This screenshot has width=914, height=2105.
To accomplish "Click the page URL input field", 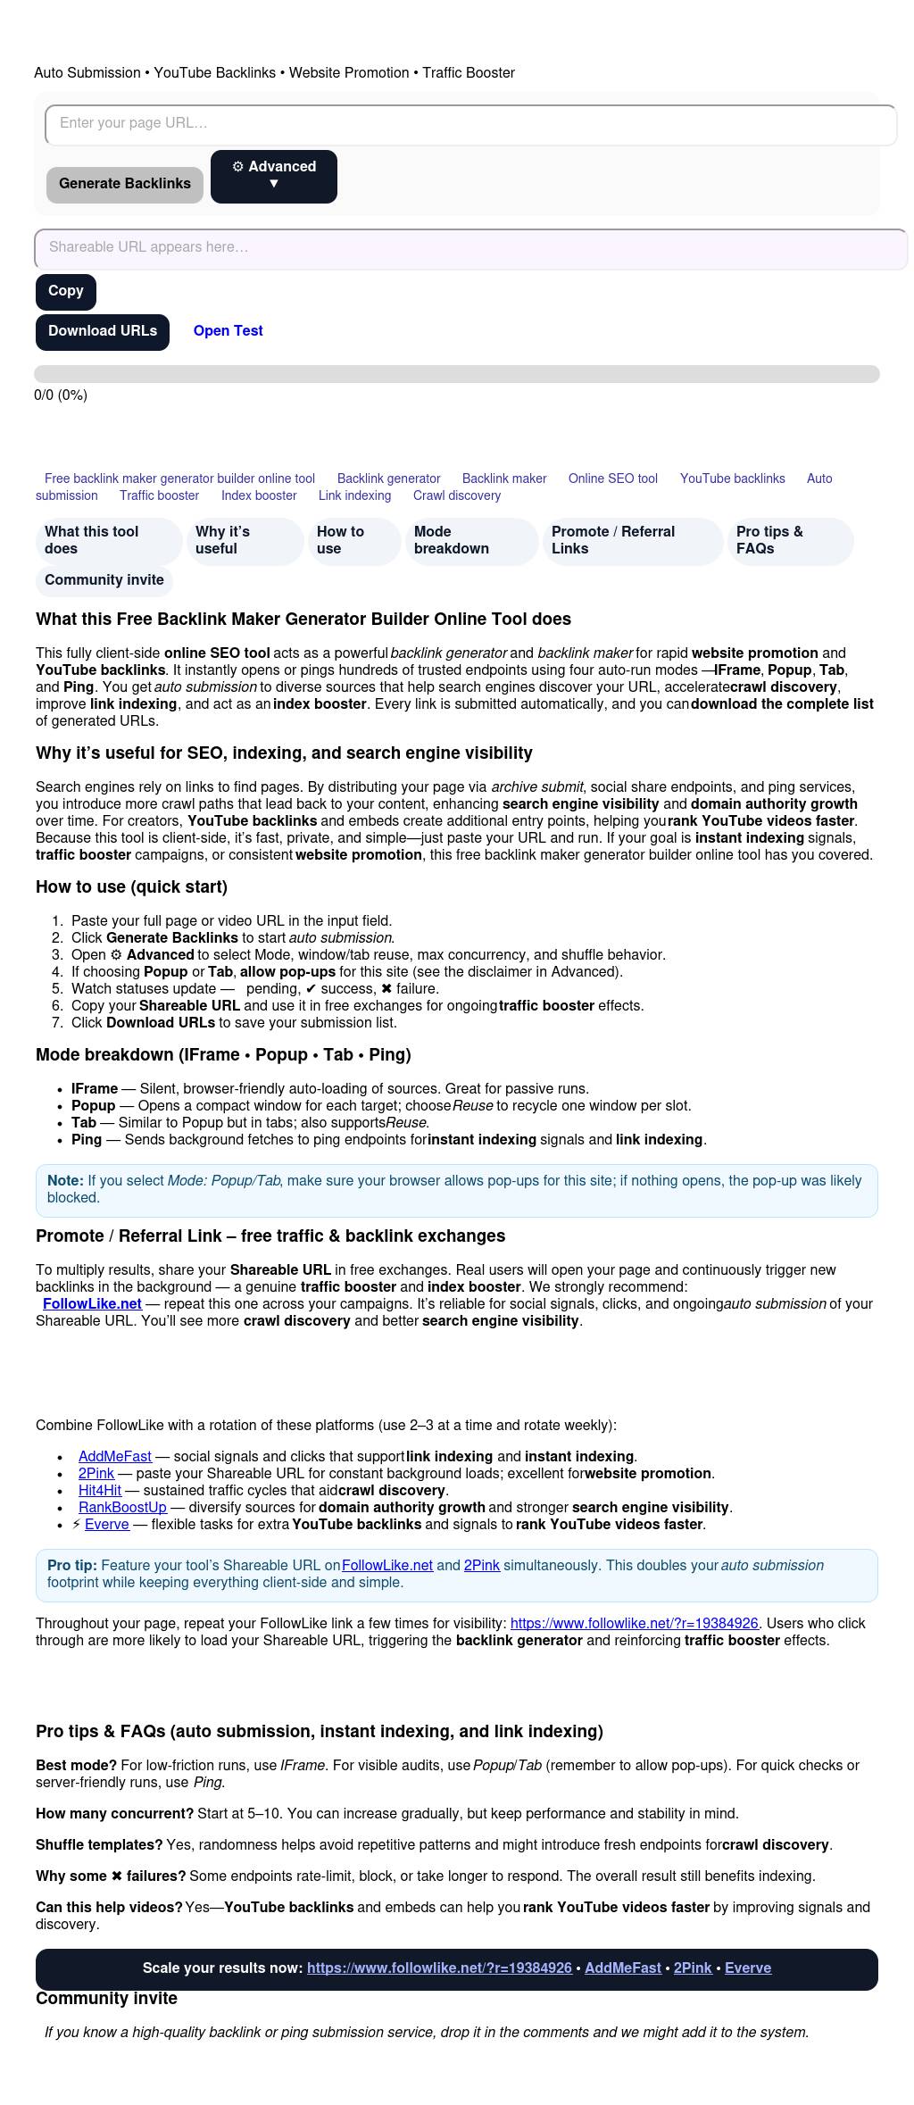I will point(470,124).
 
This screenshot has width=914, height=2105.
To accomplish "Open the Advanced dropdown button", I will point(274,176).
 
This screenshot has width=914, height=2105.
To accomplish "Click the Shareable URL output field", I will point(470,248).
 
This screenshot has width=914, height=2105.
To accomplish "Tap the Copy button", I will point(66,292).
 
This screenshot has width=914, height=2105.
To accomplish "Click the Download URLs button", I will point(103,331).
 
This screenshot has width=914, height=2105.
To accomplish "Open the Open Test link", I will point(228,331).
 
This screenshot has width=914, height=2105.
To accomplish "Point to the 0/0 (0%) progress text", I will point(61,395).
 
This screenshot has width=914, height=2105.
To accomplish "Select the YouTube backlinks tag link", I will point(732,478).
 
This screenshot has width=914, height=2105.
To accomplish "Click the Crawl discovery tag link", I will point(456,495).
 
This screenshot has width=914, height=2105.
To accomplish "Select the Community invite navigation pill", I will point(104,580).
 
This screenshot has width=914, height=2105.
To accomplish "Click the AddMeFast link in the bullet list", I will point(115,1456).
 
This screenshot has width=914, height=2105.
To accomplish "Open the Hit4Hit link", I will point(100,1490).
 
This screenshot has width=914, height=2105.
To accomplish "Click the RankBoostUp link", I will point(122,1507).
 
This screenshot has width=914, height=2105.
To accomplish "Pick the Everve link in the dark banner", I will point(747,1968).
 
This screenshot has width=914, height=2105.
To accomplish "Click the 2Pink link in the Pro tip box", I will point(481,1565).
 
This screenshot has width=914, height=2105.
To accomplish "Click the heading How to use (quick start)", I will point(131,886).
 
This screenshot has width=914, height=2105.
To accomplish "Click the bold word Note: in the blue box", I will point(65,1180).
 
